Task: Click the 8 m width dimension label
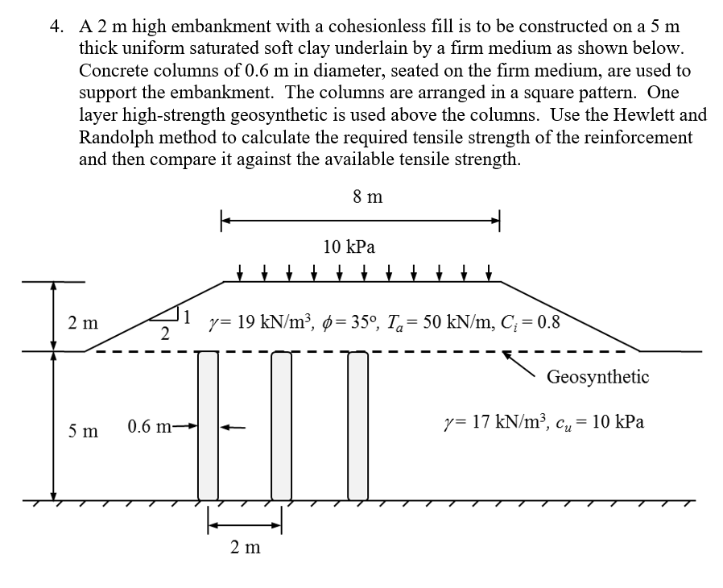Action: point(367,197)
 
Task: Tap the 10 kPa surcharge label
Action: point(349,246)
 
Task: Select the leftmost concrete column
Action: point(209,424)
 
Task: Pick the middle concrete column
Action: point(281,424)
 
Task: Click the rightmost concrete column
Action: point(357,424)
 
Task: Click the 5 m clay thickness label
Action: point(84,431)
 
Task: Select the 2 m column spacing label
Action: point(245,548)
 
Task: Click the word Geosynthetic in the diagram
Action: point(597,376)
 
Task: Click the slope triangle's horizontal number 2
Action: point(164,333)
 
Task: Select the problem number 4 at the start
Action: point(56,27)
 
